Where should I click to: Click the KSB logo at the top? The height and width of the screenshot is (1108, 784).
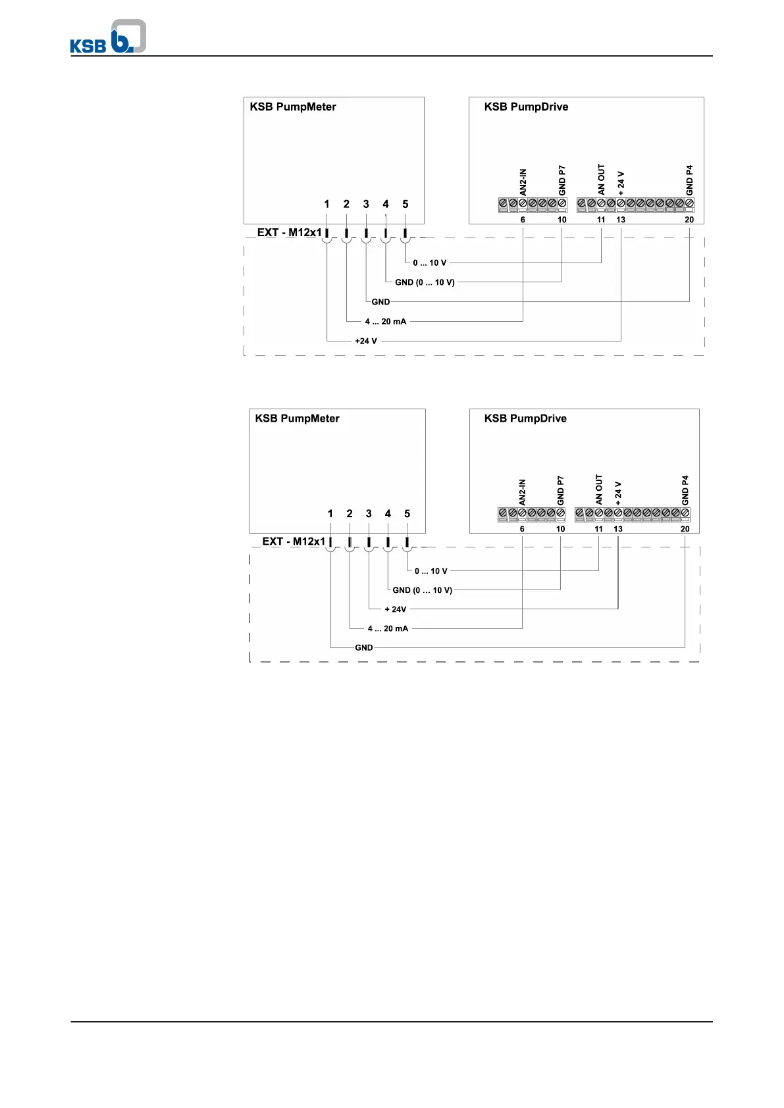[108, 37]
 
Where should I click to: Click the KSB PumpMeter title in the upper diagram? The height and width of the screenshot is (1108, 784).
[293, 107]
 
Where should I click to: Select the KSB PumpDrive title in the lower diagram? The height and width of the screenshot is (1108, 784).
[525, 418]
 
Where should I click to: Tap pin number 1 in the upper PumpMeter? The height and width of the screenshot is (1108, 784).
[327, 204]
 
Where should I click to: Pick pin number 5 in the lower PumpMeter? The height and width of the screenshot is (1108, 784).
[407, 513]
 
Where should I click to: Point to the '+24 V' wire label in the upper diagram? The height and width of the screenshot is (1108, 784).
[366, 341]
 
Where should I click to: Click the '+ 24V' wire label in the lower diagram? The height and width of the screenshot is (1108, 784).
[396, 609]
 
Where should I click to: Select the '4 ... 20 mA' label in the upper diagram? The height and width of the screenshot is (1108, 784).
[386, 322]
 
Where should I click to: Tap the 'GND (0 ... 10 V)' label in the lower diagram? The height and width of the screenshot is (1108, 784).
[423, 590]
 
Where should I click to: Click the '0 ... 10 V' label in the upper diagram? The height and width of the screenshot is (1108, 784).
[430, 263]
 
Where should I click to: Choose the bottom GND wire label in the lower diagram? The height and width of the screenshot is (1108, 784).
[364, 647]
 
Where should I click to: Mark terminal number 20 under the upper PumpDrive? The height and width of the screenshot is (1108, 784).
[689, 220]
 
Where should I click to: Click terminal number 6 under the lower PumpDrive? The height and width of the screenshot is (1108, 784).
[522, 529]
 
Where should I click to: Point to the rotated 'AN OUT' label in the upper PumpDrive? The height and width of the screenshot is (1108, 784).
[601, 179]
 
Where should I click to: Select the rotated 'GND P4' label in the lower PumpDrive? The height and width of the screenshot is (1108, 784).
[685, 490]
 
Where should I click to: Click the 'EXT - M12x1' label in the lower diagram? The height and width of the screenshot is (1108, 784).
[294, 541]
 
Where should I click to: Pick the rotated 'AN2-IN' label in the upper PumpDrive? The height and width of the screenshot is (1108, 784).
[523, 182]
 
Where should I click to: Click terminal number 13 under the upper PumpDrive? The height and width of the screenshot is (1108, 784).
[621, 220]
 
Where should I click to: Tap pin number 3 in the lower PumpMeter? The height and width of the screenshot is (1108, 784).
[369, 513]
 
